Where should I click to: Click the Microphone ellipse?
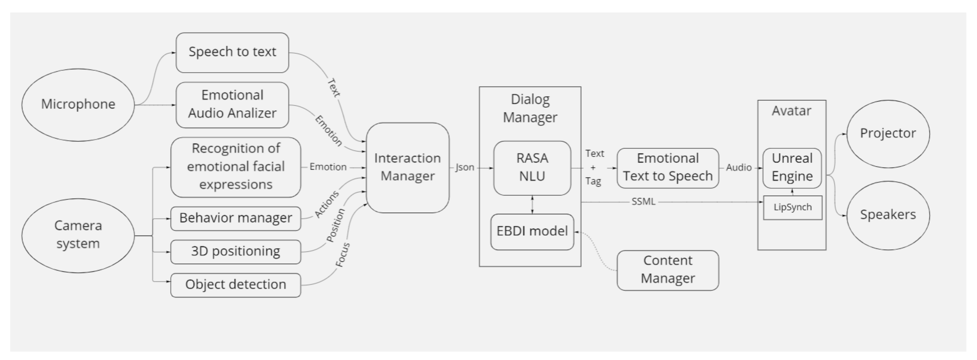(78, 105)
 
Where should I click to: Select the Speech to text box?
(232, 52)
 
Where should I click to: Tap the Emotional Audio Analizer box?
(232, 105)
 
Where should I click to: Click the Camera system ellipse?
(78, 235)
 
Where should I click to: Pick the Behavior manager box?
(235, 218)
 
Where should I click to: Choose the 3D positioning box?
(235, 251)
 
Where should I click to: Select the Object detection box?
(235, 285)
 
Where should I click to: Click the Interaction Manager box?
(408, 167)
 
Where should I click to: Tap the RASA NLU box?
(532, 168)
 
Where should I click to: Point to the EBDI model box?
(532, 232)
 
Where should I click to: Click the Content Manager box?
(668, 270)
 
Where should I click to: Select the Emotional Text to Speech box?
(668, 168)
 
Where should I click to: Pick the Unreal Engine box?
(792, 168)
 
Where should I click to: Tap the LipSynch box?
(793, 207)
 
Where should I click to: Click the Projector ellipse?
(888, 134)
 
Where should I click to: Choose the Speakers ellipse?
(888, 215)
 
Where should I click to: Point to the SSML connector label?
(643, 202)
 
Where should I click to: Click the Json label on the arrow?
(465, 167)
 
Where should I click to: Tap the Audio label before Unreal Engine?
(739, 167)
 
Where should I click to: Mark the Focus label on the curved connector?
(342, 255)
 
